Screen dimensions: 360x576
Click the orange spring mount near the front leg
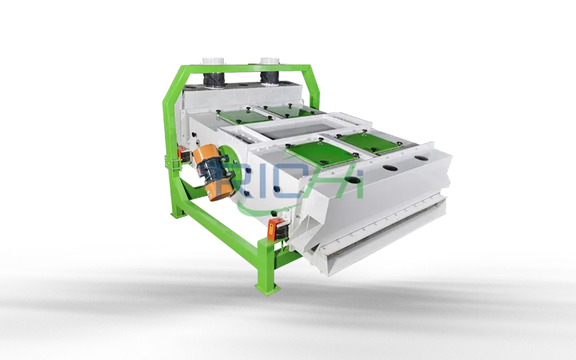coord(276,230)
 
